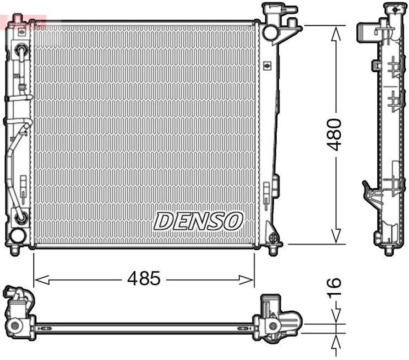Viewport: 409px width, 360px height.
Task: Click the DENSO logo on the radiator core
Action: tap(199, 221)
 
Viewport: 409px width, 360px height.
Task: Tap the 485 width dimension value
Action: tap(144, 278)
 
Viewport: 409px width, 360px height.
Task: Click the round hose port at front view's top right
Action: tap(270, 32)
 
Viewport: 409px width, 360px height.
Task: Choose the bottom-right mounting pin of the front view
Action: tap(273, 250)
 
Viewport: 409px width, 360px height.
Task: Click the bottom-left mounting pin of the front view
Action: tap(15, 249)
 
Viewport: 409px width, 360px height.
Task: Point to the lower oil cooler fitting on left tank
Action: tap(20, 217)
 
